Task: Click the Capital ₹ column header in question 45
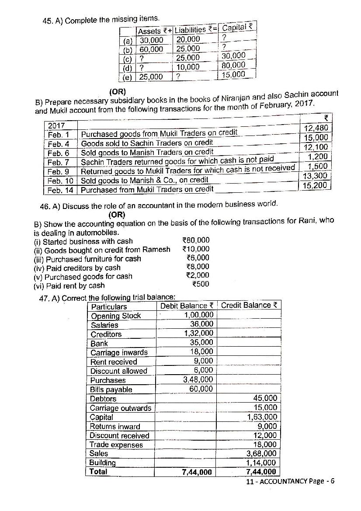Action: click(237, 28)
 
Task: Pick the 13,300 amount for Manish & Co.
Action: click(315, 176)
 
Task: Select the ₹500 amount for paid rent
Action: click(201, 284)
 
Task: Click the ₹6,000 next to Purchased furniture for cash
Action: click(198, 258)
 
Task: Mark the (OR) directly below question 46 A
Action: click(117, 214)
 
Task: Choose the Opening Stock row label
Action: click(116, 316)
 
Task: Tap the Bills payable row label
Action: click(111, 389)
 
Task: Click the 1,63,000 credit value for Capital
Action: click(262, 417)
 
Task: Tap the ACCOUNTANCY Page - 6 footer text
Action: click(290, 481)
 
